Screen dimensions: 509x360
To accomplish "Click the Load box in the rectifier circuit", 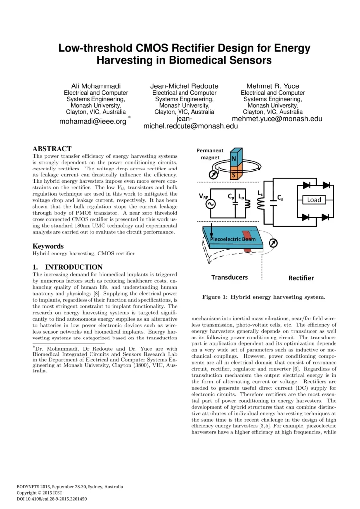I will (314, 200).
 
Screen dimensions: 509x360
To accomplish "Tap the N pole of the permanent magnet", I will (234, 159).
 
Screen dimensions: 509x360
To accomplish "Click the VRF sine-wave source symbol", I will (204, 204).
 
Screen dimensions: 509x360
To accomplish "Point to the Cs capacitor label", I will (281, 197).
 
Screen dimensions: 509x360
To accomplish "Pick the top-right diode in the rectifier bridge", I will (326, 185).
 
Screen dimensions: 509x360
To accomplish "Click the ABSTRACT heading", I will (52, 149).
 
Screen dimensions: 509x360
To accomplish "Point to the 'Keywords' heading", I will (48, 246).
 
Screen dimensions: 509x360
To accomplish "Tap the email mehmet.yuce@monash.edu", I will (277, 119).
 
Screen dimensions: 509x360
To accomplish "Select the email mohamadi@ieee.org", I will (93, 121).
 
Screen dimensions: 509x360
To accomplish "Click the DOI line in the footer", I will (52, 499).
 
